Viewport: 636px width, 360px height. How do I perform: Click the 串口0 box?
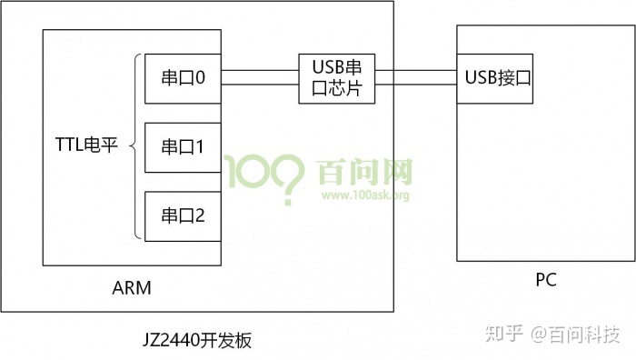pyautogui.click(x=183, y=79)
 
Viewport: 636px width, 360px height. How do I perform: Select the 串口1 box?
pyautogui.click(x=183, y=146)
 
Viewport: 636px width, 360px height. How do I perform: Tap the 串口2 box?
pyautogui.click(x=183, y=216)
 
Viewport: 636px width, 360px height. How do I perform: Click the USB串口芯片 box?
pyautogui.click(x=337, y=78)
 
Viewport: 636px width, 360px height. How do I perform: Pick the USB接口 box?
pyautogui.click(x=496, y=78)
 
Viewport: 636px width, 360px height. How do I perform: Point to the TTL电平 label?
pyautogui.click(x=86, y=145)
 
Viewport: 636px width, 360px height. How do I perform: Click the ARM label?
pyautogui.click(x=132, y=288)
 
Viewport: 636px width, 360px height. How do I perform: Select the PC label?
pyautogui.click(x=545, y=280)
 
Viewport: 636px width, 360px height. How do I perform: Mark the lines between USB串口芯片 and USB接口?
pyautogui.click(x=415, y=78)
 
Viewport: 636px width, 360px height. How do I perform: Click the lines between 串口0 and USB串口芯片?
pyautogui.click(x=260, y=78)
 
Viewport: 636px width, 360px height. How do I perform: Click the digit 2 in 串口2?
pyautogui.click(x=199, y=216)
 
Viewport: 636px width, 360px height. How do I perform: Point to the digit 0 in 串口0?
pyautogui.click(x=199, y=79)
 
